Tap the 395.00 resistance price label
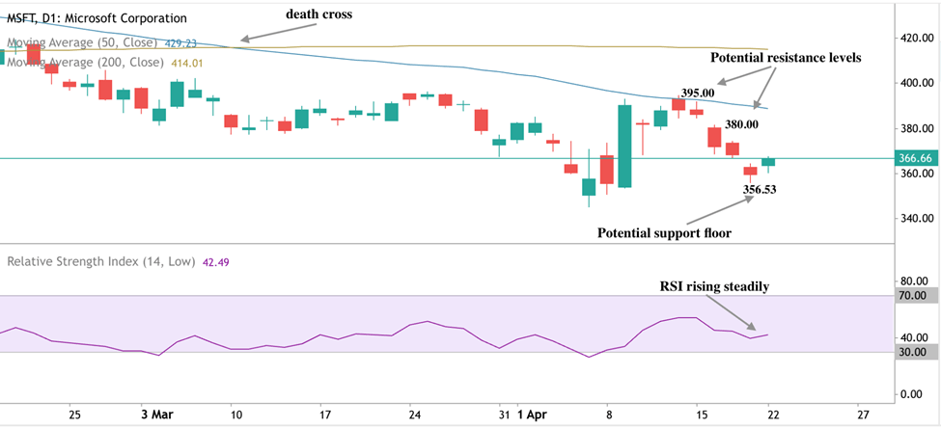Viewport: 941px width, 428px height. (x=697, y=93)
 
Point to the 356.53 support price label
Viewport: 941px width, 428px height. (x=760, y=190)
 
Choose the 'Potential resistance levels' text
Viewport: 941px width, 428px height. (x=786, y=58)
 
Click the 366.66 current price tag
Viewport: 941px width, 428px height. (x=914, y=157)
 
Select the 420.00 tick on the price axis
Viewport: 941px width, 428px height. (x=912, y=39)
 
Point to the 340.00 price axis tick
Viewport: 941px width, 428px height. (x=912, y=218)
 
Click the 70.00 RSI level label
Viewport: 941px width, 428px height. (x=913, y=296)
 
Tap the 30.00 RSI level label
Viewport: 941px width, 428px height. (x=913, y=352)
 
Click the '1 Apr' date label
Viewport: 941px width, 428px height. (x=531, y=415)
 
